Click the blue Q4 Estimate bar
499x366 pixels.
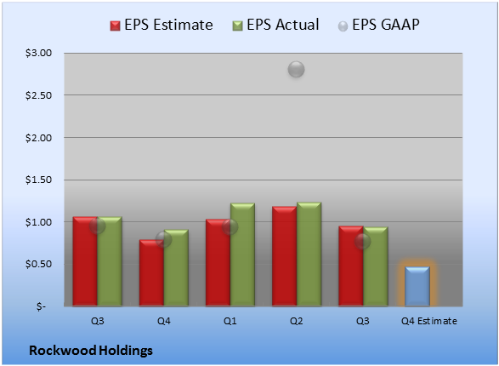click(417, 286)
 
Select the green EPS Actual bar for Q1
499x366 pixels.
click(242, 254)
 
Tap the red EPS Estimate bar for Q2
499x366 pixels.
click(284, 256)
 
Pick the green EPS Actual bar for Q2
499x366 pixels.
click(309, 254)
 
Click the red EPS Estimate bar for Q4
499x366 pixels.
click(151, 273)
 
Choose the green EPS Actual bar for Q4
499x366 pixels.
click(176, 268)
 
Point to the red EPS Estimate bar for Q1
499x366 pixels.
click(218, 263)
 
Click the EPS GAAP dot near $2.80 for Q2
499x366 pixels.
click(297, 69)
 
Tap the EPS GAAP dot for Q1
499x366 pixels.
click(230, 226)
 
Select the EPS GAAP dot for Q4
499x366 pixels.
click(163, 239)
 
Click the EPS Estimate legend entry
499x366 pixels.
click(162, 25)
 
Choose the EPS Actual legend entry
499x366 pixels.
click(275, 25)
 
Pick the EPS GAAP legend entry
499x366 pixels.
click(378, 25)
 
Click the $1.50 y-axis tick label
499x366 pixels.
click(38, 180)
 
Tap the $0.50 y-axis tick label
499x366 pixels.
click(38, 264)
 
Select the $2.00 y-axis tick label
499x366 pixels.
click(38, 138)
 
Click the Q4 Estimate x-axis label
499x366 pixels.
click(429, 321)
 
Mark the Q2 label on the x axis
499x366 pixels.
click(297, 321)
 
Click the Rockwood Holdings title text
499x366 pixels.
click(91, 351)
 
